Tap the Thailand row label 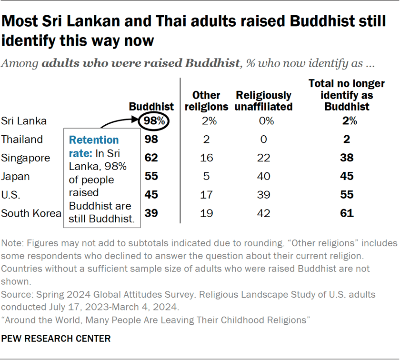click(x=22, y=140)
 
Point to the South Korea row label click(x=31, y=213)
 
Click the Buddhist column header click(x=151, y=107)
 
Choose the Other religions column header click(x=206, y=101)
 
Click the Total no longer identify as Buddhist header click(x=347, y=95)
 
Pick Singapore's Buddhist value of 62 click(x=151, y=158)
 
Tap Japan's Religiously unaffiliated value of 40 click(x=263, y=177)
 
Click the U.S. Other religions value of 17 click(x=206, y=195)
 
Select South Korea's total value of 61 click(x=347, y=213)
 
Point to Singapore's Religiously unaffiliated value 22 click(x=263, y=158)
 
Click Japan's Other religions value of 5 click(x=206, y=177)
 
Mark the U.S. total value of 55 click(x=347, y=195)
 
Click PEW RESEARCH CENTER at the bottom click(x=56, y=339)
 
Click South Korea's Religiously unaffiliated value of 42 click(x=263, y=213)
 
